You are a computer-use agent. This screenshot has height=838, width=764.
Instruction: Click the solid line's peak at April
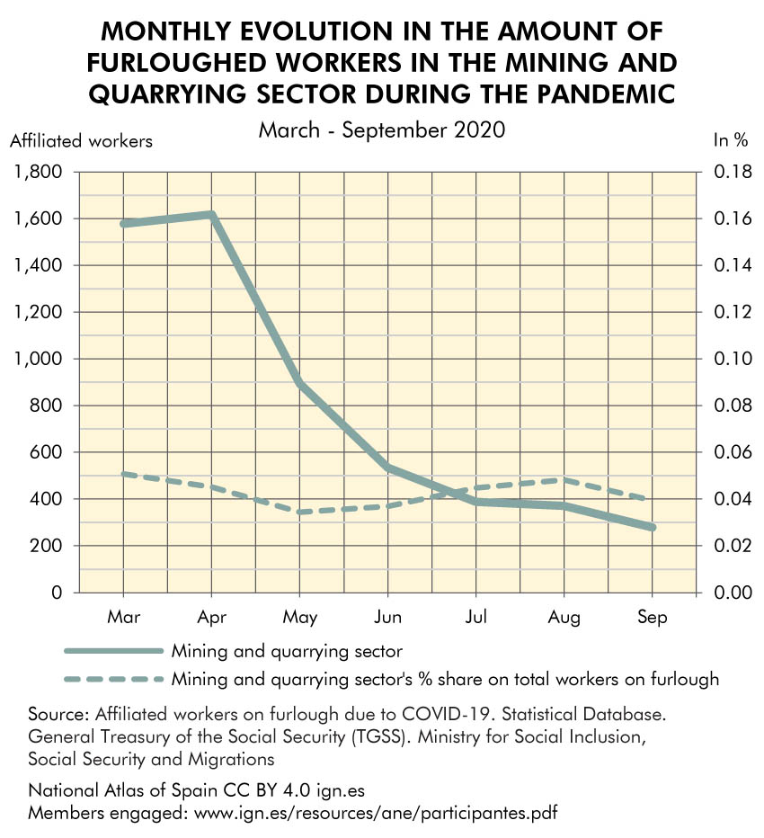click(x=211, y=214)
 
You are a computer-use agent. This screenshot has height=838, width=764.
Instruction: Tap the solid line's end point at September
click(x=652, y=527)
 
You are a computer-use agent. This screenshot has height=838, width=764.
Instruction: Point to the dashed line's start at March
click(x=123, y=474)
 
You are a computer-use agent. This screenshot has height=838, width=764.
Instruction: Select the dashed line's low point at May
click(x=299, y=513)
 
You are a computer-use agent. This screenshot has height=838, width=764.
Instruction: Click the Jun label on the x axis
click(x=387, y=618)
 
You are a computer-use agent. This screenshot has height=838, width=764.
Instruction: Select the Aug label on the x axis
click(x=564, y=618)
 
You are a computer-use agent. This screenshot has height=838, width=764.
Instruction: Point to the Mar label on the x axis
click(x=123, y=618)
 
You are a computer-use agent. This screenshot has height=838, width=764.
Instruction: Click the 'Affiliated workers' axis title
click(x=81, y=140)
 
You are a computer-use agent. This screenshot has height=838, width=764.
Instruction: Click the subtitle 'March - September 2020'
click(x=382, y=129)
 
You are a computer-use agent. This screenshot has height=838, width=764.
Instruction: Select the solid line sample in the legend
click(x=113, y=650)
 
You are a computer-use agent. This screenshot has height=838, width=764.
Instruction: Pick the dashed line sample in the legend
click(x=113, y=679)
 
